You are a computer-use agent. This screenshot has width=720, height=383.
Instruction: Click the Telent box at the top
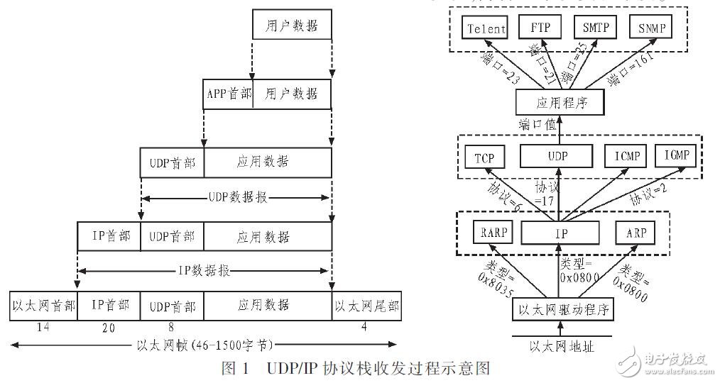pos(486,29)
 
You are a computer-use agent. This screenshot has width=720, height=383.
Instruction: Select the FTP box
pos(538,28)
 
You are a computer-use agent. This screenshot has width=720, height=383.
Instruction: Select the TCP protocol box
pos(484,157)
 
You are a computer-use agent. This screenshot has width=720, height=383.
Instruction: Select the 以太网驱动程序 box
pos(562,310)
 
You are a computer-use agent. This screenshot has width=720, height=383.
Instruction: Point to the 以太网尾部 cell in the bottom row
pos(366,306)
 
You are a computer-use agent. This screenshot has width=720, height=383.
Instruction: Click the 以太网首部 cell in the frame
pos(43,306)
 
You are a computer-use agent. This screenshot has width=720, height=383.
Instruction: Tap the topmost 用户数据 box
pos(292,26)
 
